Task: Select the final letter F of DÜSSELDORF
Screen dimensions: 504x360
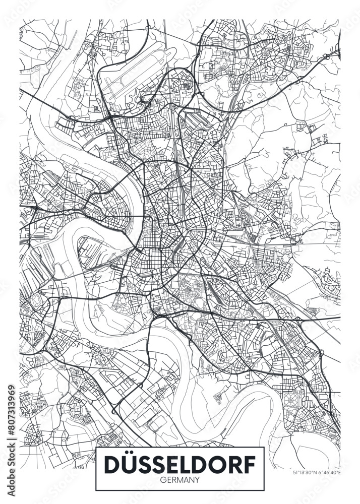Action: click(248, 464)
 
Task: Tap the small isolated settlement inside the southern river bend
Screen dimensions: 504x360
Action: click(218, 397)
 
